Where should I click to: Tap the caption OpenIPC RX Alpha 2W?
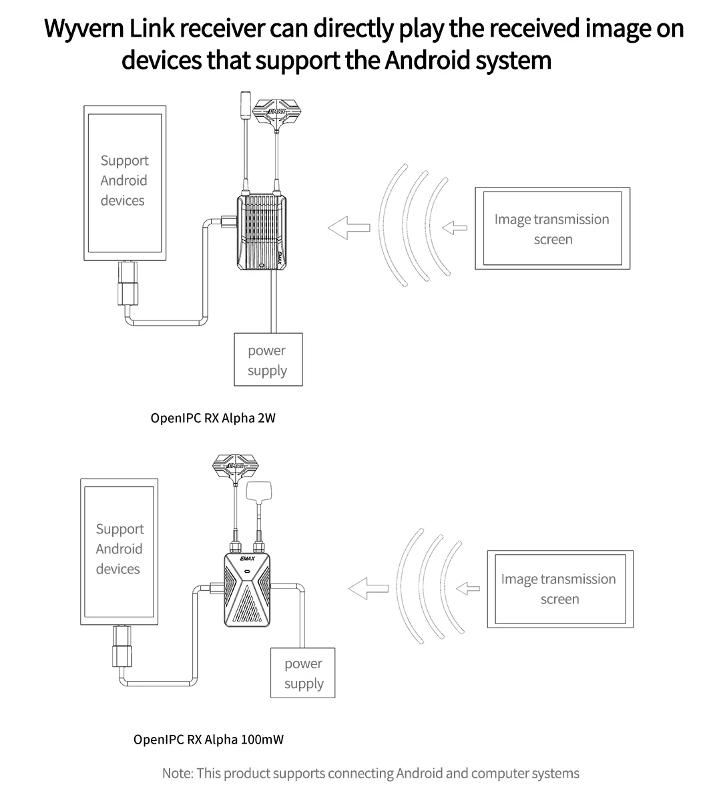coord(212,419)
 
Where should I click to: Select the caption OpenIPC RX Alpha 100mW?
coord(208,739)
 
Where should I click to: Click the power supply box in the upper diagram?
coord(268,360)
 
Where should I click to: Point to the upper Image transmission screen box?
coord(552,229)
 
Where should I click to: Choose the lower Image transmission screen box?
coord(559,589)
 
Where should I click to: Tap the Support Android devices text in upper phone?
coord(124,180)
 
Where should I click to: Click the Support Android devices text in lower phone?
coord(119,549)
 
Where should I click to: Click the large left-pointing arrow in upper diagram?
coord(348,228)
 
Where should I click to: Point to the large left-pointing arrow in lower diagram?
coord(368,588)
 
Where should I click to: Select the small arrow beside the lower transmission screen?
coord(468,588)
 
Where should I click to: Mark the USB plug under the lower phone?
coord(123,647)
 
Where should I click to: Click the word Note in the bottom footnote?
coord(177,773)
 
